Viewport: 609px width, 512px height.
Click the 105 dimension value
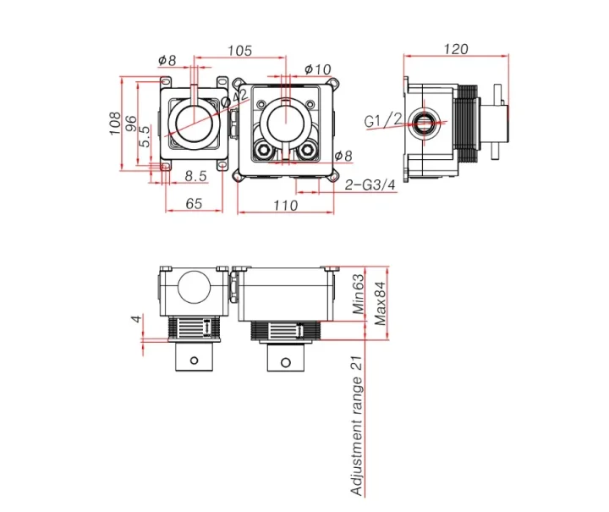tap(240, 51)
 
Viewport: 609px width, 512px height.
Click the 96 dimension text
tap(131, 124)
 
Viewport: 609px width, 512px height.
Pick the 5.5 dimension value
tap(145, 135)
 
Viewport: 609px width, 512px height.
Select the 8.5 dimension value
tap(195, 176)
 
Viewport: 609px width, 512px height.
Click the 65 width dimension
tap(193, 204)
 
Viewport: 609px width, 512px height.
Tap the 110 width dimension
tap(285, 205)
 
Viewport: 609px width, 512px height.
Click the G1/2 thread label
tap(382, 121)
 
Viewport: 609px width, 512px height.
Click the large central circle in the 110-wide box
tap(285, 121)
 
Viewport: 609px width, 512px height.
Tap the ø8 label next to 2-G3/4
tap(343, 156)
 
